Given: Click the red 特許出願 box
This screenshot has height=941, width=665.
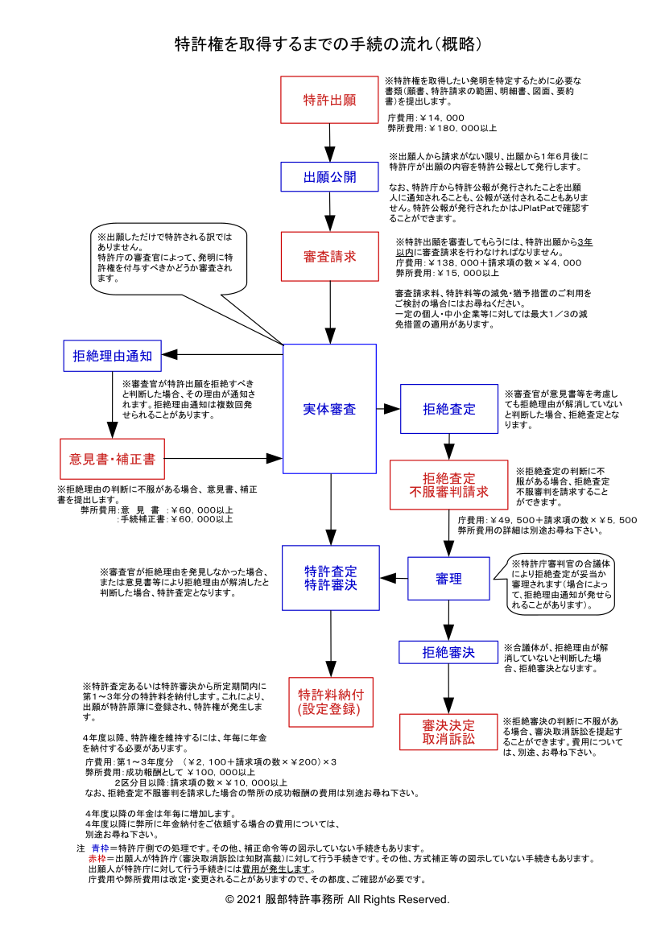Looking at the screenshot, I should pos(329,100).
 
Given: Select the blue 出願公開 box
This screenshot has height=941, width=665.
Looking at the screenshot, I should pos(329,177).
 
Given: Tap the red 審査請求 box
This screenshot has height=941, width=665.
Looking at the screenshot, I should pos(329,256).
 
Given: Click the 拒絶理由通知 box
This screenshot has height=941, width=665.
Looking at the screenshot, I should pos(113,355).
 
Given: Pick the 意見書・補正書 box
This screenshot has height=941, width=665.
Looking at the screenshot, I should pos(113,459).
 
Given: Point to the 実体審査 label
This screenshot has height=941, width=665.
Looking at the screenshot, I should pos(329,409).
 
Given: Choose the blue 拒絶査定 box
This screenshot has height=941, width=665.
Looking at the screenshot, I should pos(448,409).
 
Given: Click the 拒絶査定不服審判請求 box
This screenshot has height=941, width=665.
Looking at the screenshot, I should pos(448,485).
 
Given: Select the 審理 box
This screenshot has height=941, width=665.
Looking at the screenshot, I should pos(448,578).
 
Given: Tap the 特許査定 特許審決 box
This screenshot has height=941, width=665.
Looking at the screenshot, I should pos(330,578).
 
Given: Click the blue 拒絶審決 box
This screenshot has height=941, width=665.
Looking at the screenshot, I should pos(448,652).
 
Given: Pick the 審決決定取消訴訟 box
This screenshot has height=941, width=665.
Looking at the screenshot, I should pos(448,731).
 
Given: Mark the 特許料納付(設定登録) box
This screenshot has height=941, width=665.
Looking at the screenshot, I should pos(330,702).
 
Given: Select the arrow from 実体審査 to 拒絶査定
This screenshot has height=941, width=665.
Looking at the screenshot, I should pos(388,409).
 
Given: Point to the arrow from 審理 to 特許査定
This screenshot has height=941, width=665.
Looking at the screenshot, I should pos(394,578).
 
